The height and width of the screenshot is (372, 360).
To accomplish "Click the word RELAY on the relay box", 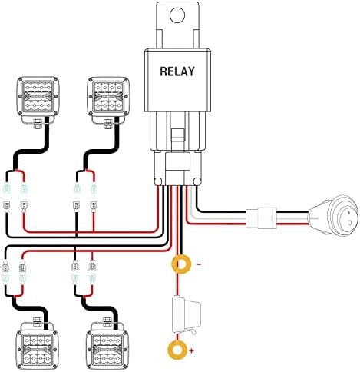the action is click(x=177, y=71).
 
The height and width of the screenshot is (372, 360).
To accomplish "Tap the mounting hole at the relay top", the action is click(x=177, y=15).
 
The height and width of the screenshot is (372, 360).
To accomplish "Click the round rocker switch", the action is click(x=335, y=215).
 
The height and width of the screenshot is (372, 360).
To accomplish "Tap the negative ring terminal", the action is click(x=181, y=264).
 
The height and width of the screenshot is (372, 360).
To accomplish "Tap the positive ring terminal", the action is click(x=177, y=350).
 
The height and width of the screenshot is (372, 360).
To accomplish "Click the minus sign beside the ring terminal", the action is click(x=199, y=264).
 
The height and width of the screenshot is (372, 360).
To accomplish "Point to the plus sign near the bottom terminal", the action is click(x=191, y=350).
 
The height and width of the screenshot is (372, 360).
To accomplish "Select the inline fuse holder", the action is click(x=186, y=314).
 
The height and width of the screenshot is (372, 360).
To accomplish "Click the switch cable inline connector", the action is click(x=261, y=218).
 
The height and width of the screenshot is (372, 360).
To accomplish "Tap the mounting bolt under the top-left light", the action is click(x=38, y=124).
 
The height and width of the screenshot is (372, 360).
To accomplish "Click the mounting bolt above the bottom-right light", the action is click(x=107, y=321).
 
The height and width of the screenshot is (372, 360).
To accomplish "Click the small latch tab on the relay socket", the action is click(x=178, y=135).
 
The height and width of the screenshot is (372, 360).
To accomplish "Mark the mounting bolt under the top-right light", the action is click(x=107, y=124).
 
